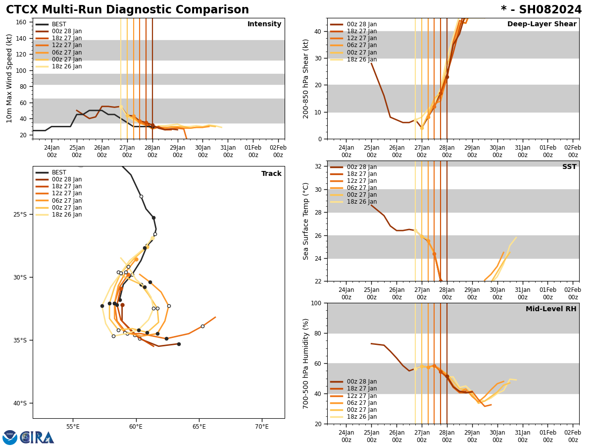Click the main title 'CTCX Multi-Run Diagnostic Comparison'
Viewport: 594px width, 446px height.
pyautogui.click(x=127, y=10)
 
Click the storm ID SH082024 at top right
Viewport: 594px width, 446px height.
pyautogui.click(x=541, y=10)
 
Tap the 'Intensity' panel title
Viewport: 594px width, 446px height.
pyautogui.click(x=264, y=24)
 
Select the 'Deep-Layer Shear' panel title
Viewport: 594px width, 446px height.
pyautogui.click(x=542, y=24)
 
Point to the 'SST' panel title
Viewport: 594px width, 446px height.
pyautogui.click(x=569, y=167)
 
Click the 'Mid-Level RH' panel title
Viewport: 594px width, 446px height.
pyautogui.click(x=550, y=309)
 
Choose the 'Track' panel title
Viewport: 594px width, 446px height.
pyautogui.click(x=271, y=174)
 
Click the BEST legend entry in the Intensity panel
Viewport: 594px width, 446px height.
pyautogui.click(x=58, y=24)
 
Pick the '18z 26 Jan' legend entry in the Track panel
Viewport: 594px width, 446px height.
pyautogui.click(x=67, y=215)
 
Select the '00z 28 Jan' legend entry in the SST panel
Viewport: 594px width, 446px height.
pyautogui.click(x=361, y=167)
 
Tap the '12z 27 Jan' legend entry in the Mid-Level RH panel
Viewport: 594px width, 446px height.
pyautogui.click(x=361, y=396)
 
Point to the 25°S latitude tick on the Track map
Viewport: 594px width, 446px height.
pyautogui.click(x=20, y=215)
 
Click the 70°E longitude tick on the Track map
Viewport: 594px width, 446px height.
pyautogui.click(x=262, y=426)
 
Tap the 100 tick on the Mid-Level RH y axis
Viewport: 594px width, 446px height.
pyautogui.click(x=316, y=303)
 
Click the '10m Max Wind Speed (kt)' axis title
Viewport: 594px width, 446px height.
pyautogui.click(x=9, y=78)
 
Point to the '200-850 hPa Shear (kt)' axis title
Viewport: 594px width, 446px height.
pyautogui.click(x=306, y=78)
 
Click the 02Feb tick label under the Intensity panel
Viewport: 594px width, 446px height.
pyautogui.click(x=278, y=151)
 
